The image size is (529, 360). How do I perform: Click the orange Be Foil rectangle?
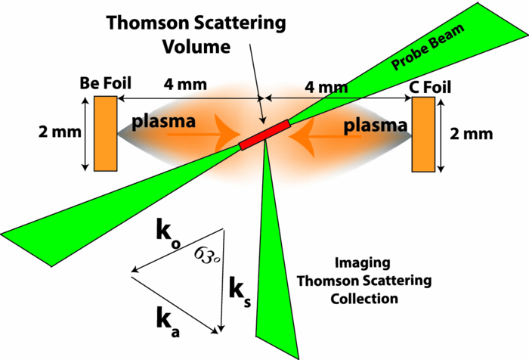click(105, 133)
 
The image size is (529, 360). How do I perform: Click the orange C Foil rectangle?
click(423, 134)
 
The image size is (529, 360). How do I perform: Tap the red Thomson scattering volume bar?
click(264, 133)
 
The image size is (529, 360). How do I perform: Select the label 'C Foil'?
click(429, 87)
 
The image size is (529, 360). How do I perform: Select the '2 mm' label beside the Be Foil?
click(56, 132)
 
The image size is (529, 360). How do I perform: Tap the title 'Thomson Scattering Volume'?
click(196, 34)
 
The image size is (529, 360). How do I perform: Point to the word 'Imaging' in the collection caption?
click(365, 263)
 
